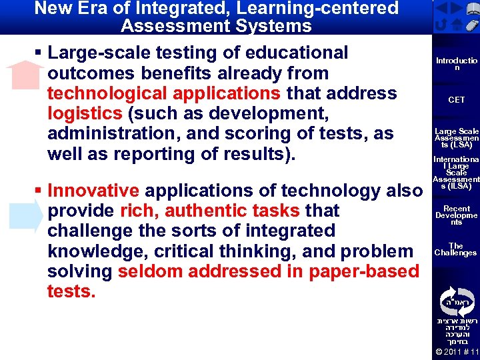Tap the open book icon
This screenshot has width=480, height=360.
click(x=473, y=9)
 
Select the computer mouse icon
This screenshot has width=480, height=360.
click(x=471, y=26)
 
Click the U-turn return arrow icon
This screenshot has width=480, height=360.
click(x=441, y=26)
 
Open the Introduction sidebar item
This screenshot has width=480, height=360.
click(x=457, y=64)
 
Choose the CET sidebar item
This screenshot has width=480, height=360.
click(x=457, y=100)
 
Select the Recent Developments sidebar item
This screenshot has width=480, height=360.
click(x=457, y=215)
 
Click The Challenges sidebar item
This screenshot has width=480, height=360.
click(x=457, y=249)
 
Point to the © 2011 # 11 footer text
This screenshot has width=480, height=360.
click(x=457, y=351)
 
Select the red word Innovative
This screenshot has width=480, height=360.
click(x=94, y=191)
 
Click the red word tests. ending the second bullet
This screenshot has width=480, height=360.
click(x=71, y=292)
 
